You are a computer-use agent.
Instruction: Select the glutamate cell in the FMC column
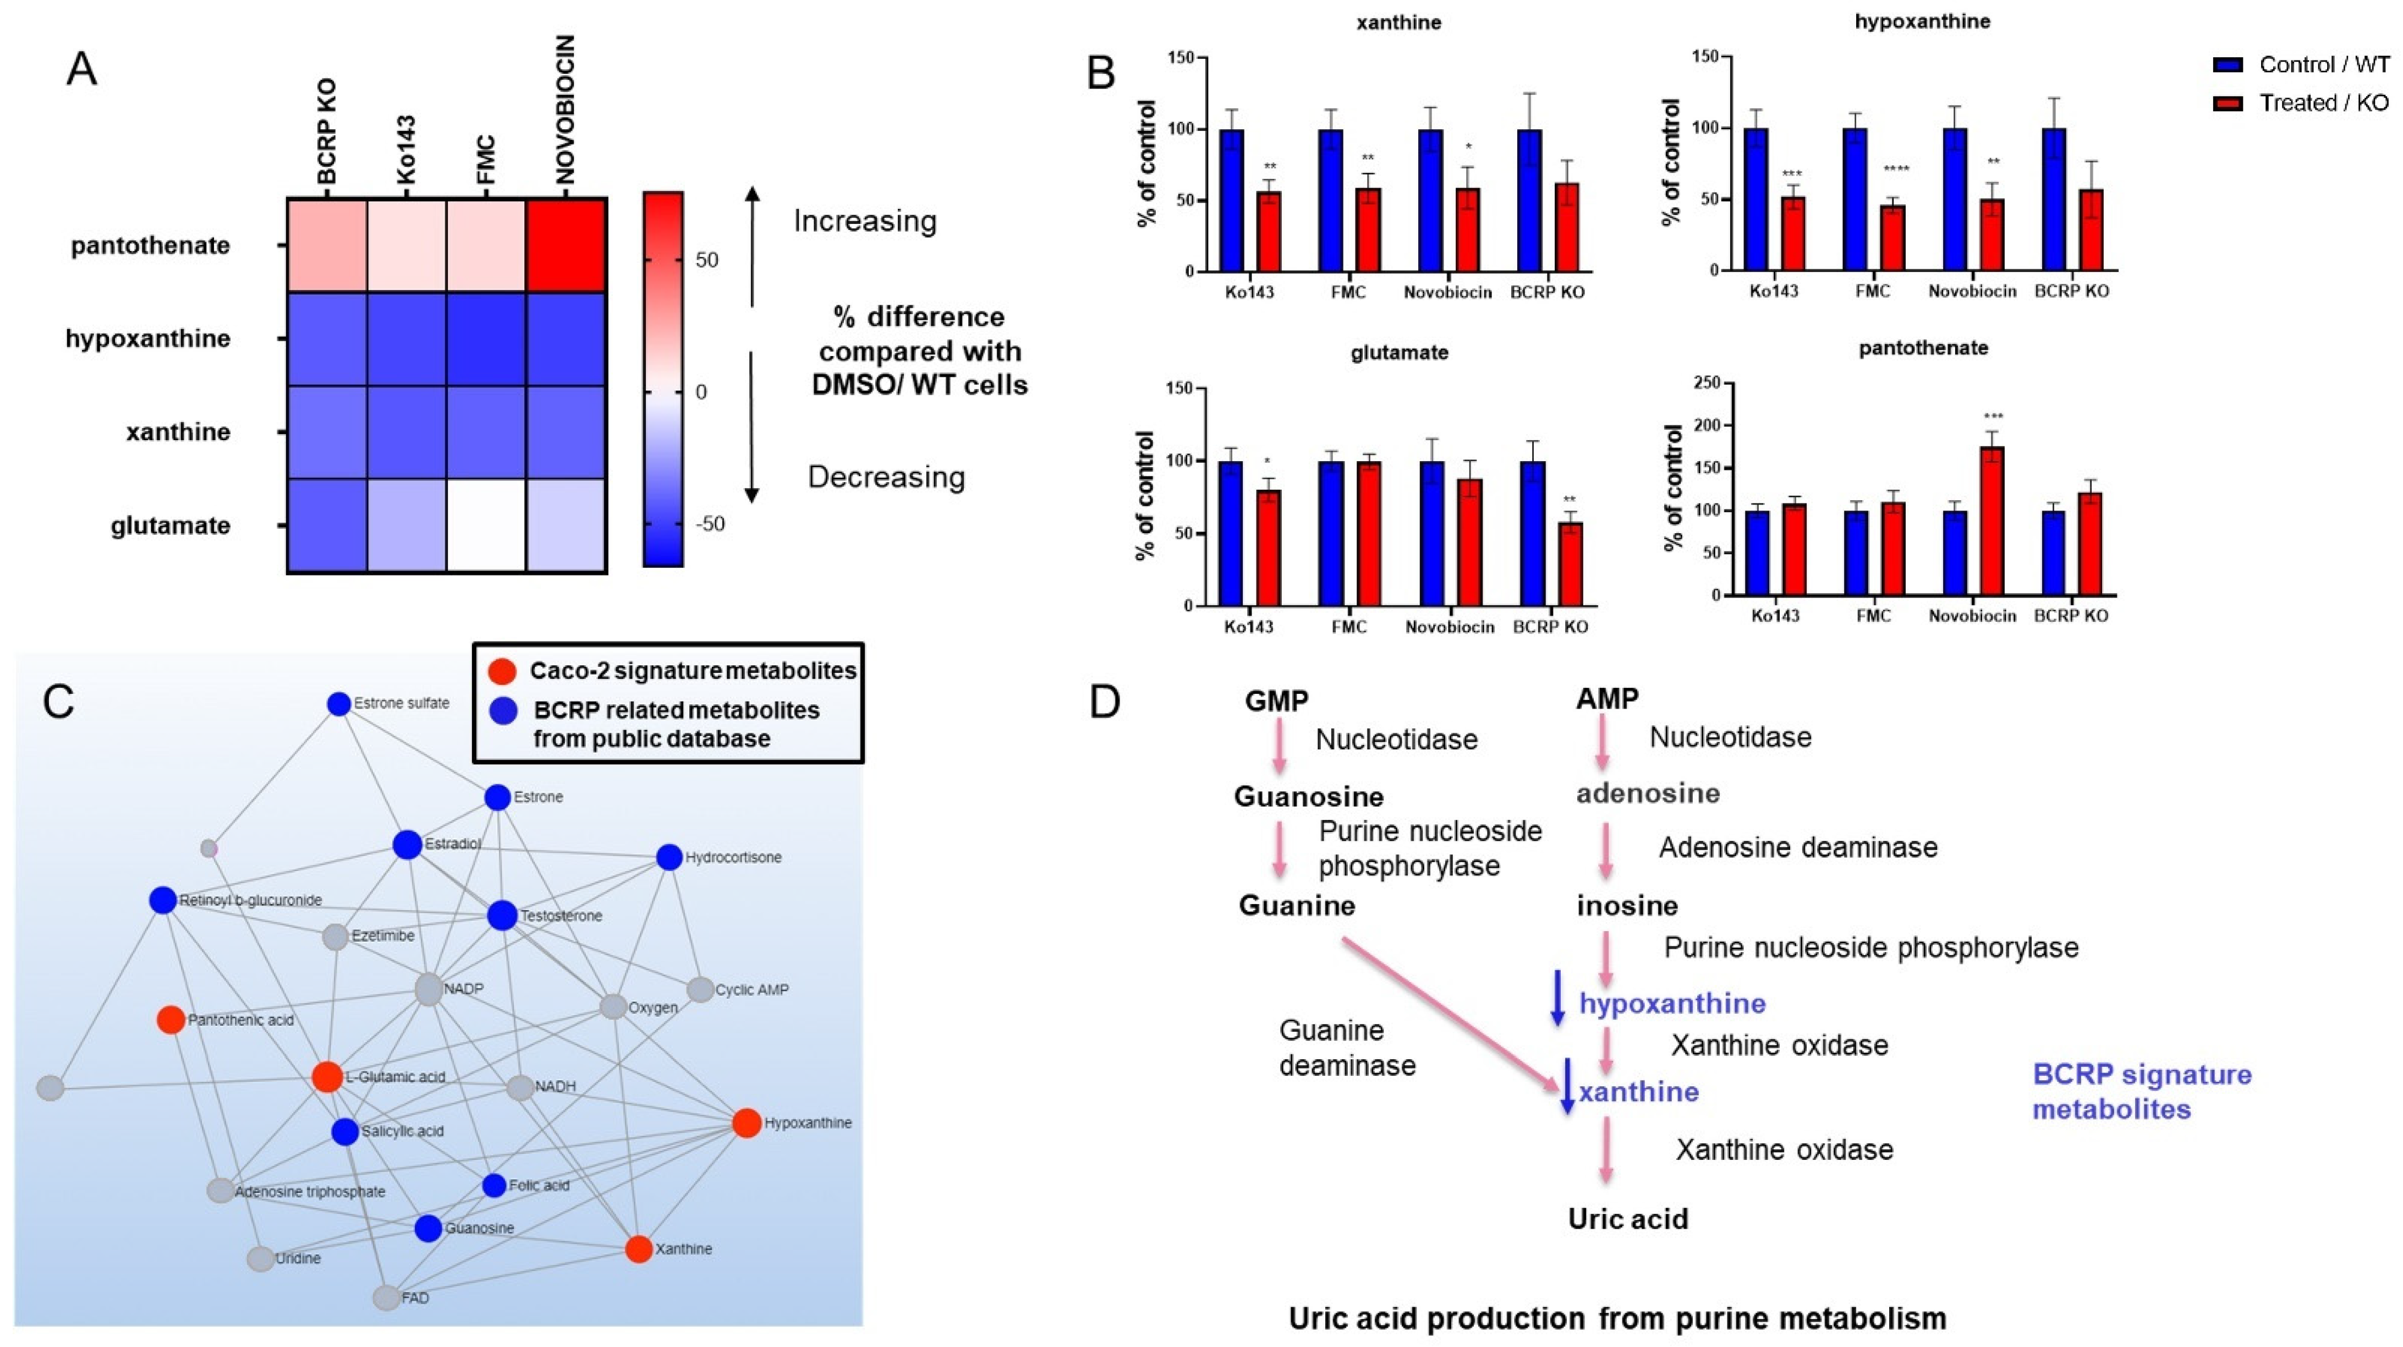[x=486, y=525]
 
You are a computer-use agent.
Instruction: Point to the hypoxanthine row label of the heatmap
[x=147, y=338]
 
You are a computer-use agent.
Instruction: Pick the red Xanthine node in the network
[x=639, y=1249]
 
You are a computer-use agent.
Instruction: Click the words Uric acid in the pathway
[x=1628, y=1219]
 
